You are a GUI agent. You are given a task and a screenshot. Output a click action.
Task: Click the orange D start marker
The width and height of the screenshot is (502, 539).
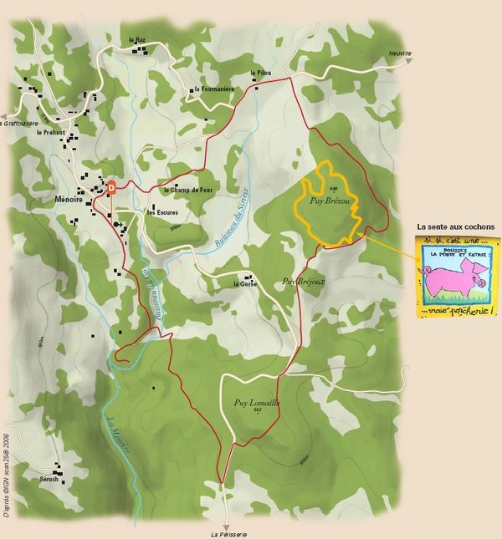tap(110, 188)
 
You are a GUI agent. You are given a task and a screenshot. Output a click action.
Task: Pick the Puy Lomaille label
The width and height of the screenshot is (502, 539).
tap(257, 403)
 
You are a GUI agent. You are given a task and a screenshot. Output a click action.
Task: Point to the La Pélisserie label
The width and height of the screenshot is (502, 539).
tap(229, 534)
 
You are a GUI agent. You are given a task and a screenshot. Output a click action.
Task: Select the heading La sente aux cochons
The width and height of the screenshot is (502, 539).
tap(455, 226)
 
